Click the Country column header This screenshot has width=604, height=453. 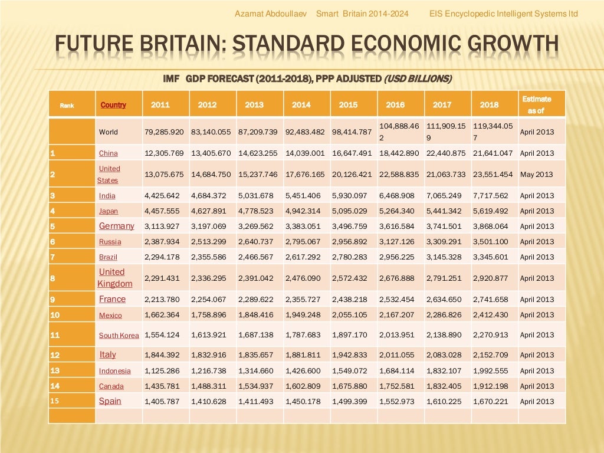pos(113,105)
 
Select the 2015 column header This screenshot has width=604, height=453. pos(348,105)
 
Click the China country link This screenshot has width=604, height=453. pos(109,153)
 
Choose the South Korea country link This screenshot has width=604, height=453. pos(119,336)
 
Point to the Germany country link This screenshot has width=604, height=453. pos(116,226)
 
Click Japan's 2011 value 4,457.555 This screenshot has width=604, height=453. pos(165,211)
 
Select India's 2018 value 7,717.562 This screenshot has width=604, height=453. pos(493,196)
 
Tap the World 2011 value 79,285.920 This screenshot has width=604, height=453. pos(165,132)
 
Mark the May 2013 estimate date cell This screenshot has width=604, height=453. pos(537,175)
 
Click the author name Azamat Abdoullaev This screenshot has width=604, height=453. pos(272,14)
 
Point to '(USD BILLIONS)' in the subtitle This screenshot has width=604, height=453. pos(418,78)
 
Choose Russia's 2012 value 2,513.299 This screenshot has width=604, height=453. pos(211,242)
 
